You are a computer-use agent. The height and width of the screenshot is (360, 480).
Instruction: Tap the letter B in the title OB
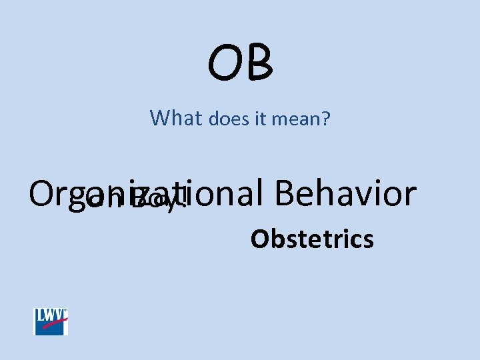[259, 61]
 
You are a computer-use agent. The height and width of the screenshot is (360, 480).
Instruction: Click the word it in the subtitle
[260, 119]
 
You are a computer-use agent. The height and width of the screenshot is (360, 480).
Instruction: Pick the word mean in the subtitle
[297, 120]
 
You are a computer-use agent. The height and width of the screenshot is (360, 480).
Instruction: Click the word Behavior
[344, 194]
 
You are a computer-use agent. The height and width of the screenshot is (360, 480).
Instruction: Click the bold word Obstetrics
[311, 239]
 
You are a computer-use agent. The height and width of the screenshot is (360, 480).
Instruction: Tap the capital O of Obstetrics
[257, 239]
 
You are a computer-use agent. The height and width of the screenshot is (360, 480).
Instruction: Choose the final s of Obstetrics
[369, 241]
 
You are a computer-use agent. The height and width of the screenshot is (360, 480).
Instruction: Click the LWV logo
[51, 321]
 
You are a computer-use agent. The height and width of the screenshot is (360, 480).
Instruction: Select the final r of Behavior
[409, 197]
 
